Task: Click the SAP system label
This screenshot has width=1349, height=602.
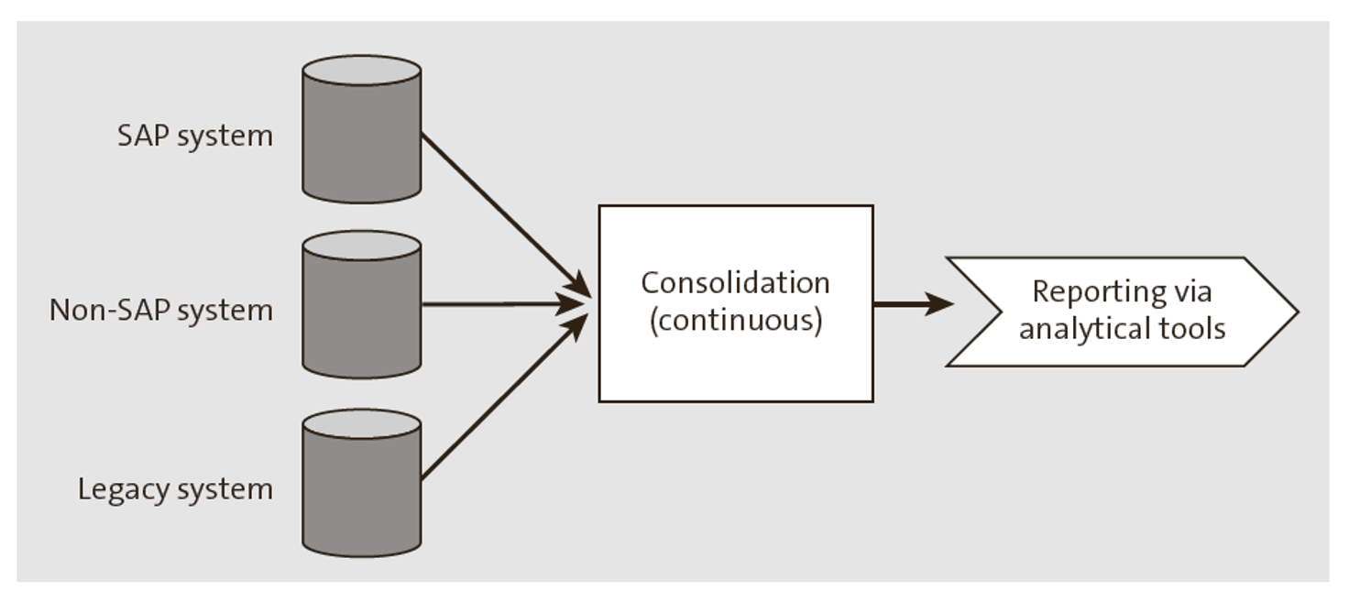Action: click(x=194, y=136)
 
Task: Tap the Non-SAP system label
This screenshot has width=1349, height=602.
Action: click(x=161, y=311)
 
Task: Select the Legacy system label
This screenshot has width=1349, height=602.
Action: click(x=175, y=488)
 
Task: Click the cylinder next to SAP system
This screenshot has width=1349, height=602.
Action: click(x=361, y=137)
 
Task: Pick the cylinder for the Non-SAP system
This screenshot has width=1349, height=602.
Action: click(x=361, y=312)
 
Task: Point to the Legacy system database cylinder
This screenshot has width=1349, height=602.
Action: click(x=361, y=490)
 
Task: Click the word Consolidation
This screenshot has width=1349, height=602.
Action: click(x=735, y=282)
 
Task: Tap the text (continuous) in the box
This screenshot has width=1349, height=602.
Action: click(x=735, y=322)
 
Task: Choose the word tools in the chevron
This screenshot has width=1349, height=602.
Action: click(x=1188, y=328)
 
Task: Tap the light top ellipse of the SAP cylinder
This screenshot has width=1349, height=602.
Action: click(x=361, y=71)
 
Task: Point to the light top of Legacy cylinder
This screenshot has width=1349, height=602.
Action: click(x=361, y=424)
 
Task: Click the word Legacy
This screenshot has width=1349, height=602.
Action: click(x=111, y=489)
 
